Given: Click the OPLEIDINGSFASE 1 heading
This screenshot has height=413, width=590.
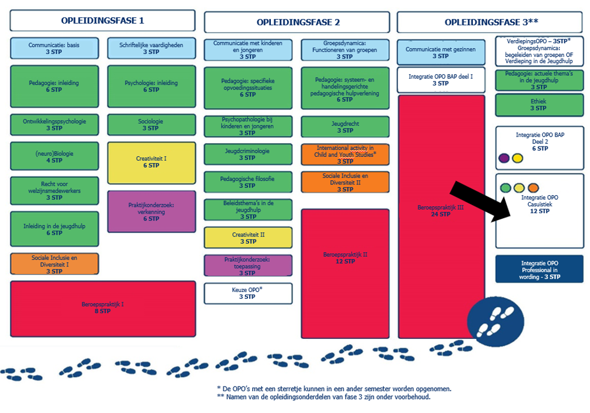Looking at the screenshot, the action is click(102, 21).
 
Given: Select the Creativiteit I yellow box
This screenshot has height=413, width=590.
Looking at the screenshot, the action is click(152, 163).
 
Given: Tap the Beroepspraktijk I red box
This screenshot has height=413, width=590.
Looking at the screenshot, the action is click(103, 308).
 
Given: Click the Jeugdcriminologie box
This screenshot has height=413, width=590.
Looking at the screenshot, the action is click(248, 154).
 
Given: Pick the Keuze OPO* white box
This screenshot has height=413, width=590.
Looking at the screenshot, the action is click(248, 294).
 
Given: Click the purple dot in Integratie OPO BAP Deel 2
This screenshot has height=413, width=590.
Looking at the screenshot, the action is click(504, 158).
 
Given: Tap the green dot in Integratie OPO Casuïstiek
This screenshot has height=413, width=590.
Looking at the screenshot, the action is click(506, 187).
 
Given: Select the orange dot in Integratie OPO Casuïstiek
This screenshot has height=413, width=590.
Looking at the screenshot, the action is click(533, 187).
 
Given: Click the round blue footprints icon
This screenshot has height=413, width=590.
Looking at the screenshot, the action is click(495, 321).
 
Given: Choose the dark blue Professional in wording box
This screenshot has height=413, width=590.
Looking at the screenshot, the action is click(539, 269).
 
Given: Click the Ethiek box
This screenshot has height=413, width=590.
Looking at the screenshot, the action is click(539, 105).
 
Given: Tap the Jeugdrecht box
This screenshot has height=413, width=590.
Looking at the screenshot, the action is click(345, 127).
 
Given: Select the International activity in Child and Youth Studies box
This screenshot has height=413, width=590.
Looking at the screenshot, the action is click(345, 155).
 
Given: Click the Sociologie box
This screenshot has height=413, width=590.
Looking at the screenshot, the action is click(152, 125).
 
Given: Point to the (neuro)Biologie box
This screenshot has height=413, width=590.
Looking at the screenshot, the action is click(55, 156).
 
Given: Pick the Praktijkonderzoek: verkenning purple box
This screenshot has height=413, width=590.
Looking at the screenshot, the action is click(152, 211).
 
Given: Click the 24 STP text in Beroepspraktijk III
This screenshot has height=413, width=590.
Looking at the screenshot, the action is click(441, 214).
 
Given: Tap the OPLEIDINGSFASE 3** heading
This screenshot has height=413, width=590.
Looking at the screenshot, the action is click(491, 22).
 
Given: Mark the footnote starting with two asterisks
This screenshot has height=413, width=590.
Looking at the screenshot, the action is click(324, 397).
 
